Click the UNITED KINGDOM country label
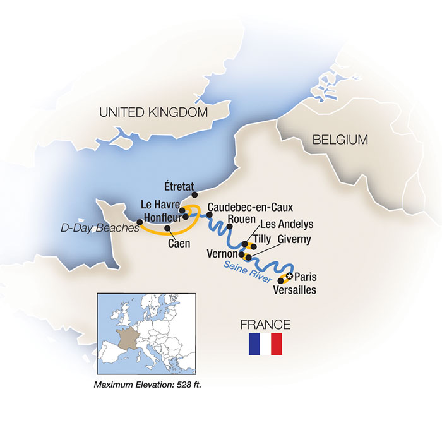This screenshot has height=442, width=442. [x=153, y=112]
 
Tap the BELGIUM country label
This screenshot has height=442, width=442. [x=340, y=140]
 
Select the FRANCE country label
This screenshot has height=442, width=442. [x=265, y=325]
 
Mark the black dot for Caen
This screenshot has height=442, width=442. [x=167, y=228]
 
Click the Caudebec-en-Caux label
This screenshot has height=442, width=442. [x=250, y=206]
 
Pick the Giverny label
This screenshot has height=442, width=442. [x=291, y=241]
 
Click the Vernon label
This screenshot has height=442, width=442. [x=222, y=253]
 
